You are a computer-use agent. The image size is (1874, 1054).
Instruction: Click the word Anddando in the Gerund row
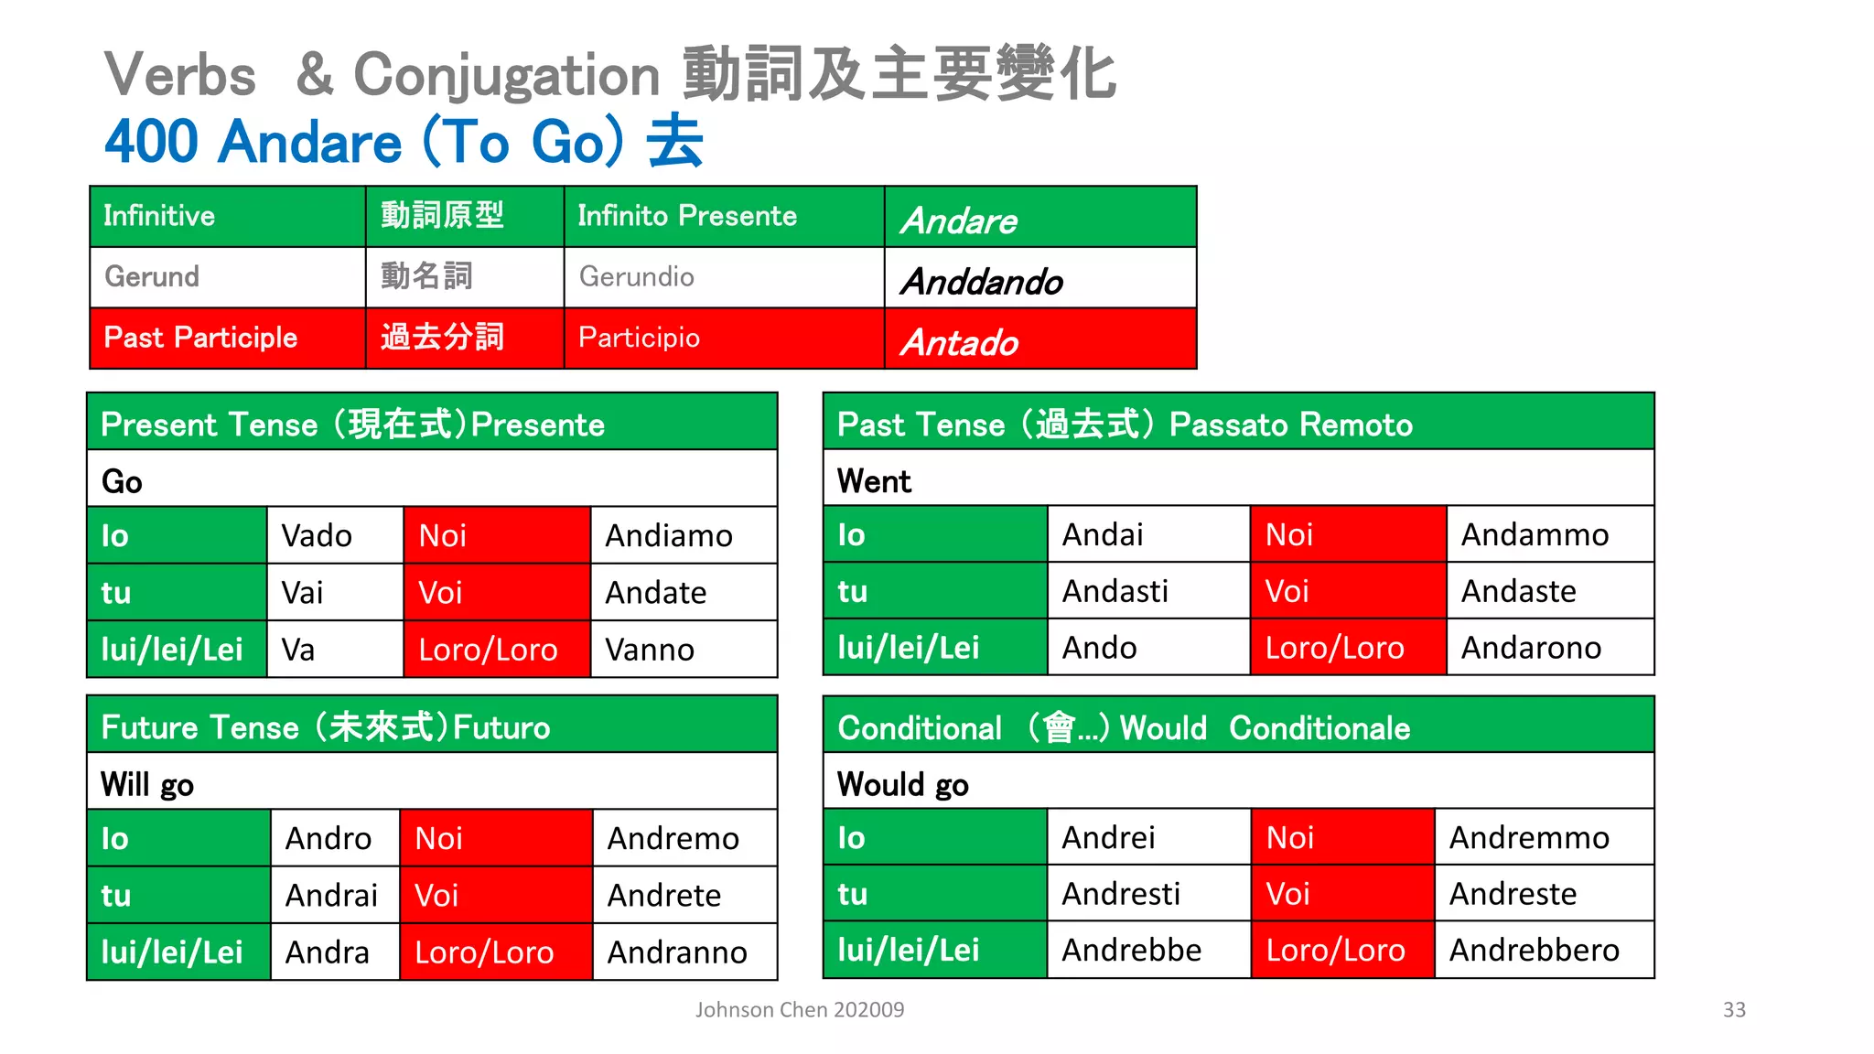point(982,282)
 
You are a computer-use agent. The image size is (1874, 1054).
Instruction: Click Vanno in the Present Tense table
point(650,650)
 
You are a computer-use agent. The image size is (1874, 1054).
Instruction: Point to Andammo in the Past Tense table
point(1535,534)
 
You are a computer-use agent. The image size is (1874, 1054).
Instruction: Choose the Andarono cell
point(1531,648)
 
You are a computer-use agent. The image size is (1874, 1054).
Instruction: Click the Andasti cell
point(1115,591)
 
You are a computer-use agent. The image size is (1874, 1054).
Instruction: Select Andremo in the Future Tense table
point(673,838)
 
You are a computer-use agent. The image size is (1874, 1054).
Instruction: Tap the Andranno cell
point(677,952)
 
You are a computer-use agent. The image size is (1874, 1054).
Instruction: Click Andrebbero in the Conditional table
point(1535,950)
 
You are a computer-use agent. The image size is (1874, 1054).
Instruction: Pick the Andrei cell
point(1108,837)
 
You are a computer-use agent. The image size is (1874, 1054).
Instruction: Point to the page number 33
point(1734,1009)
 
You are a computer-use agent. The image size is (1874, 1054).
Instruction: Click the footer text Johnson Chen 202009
point(800,1009)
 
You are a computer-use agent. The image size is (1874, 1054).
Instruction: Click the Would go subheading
point(902,784)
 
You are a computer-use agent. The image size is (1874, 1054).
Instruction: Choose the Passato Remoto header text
point(1291,425)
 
